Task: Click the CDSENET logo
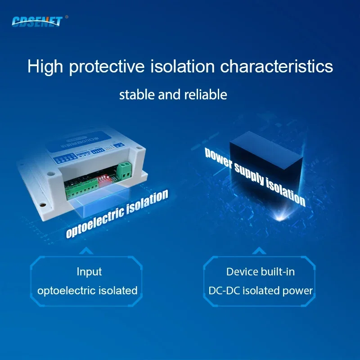coord(37,21)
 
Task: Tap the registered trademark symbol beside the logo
coord(67,17)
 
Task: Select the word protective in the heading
coord(106,67)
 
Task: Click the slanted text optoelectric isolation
coord(117,212)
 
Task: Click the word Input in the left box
coord(89,272)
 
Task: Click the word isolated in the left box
coord(117,290)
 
